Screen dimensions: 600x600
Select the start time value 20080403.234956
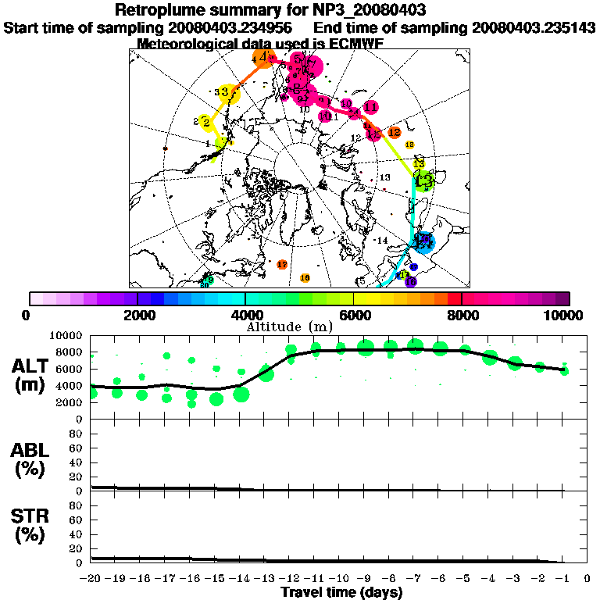[x=226, y=27]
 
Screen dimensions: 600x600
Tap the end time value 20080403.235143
[x=534, y=27]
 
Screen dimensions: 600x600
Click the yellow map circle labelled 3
[x=227, y=93]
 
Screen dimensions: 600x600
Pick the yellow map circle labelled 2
[x=205, y=122]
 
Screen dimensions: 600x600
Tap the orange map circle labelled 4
[x=264, y=58]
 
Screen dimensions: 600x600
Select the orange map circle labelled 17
[x=283, y=265]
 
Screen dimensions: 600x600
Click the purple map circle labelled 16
[x=411, y=281]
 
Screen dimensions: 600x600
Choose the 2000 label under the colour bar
[x=137, y=315]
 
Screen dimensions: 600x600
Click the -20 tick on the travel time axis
[x=91, y=579]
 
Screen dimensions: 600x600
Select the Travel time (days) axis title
[x=341, y=593]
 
